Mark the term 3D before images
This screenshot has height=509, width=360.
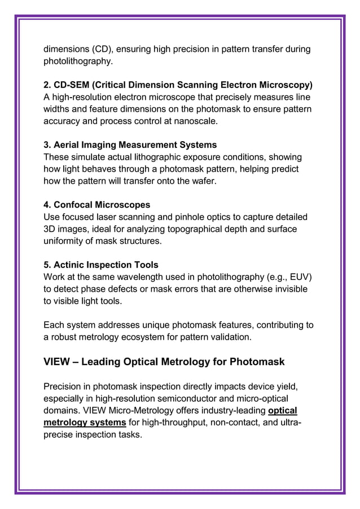[x=50, y=229]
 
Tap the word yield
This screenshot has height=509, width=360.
[x=285, y=387]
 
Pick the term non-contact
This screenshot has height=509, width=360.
[x=240, y=423]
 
